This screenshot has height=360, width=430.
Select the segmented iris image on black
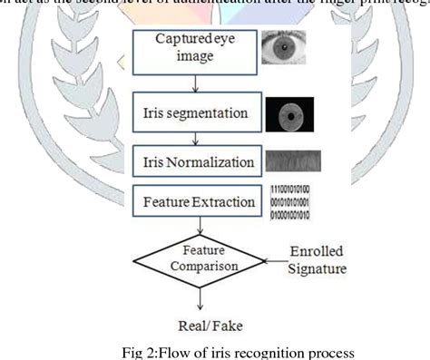coord(288,115)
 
